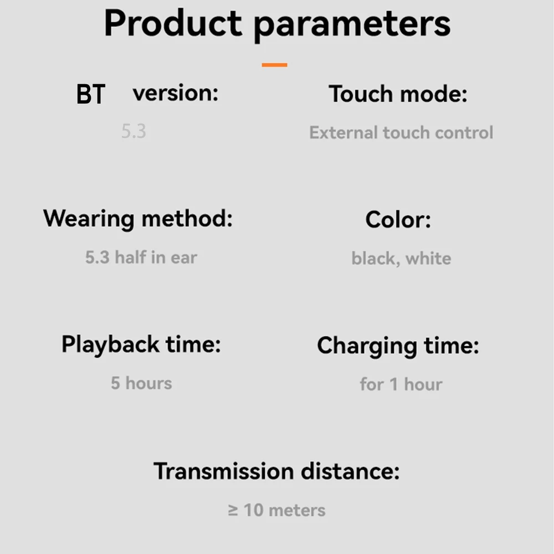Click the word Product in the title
173,23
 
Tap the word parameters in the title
352,27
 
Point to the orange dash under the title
275,65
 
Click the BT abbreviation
91,94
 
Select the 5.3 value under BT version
134,131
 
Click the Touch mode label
398,94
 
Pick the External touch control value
401,133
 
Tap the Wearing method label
138,219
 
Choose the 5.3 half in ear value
141,257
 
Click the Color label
398,220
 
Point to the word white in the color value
428,258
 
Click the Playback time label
141,345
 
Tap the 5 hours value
141,383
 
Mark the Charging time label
398,346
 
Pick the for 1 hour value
401,384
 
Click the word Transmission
224,471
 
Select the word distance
350,471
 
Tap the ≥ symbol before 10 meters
233,511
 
